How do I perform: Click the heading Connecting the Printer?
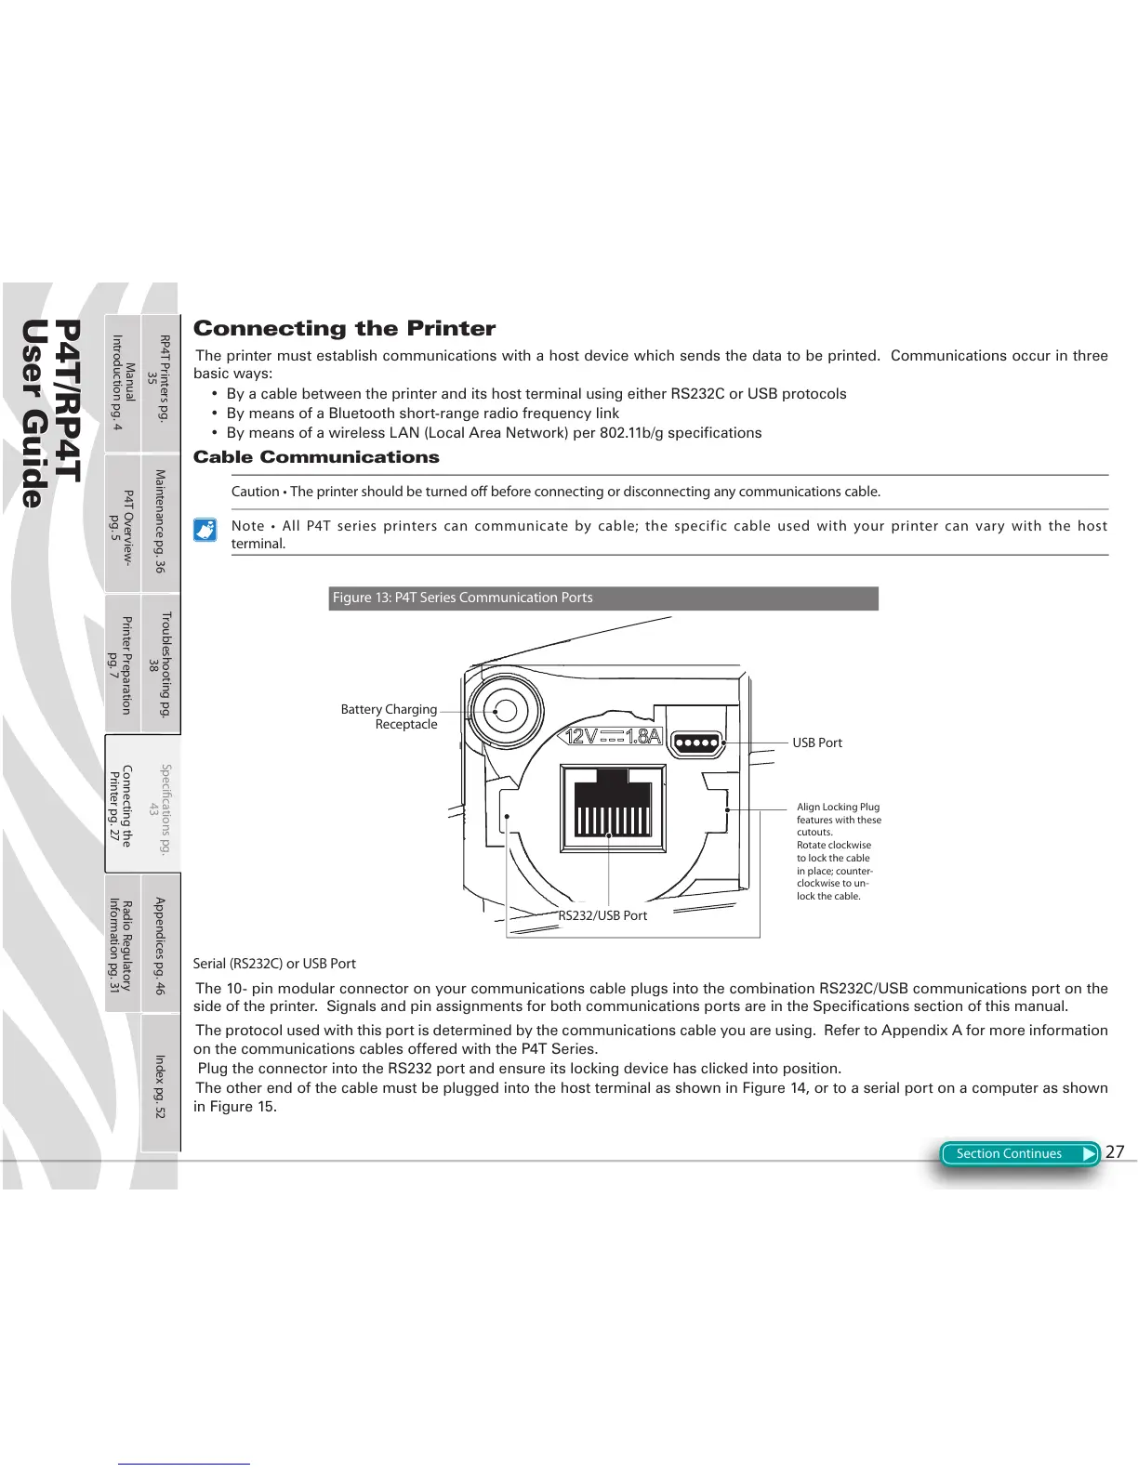tap(344, 328)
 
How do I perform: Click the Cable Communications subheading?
tap(316, 457)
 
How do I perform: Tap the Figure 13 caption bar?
tap(603, 598)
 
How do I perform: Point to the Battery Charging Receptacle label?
tap(389, 716)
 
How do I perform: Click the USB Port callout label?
tap(816, 743)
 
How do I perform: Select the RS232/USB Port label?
tap(602, 915)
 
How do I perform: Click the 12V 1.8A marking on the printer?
tap(614, 737)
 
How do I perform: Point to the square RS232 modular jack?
tap(612, 808)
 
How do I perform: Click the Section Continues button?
tap(1019, 1153)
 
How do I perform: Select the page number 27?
tap(1115, 1151)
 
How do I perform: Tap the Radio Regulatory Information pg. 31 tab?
tap(121, 945)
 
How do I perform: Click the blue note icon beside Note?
tap(205, 530)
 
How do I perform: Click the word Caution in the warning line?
tap(255, 492)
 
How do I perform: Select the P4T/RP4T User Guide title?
tap(51, 414)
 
